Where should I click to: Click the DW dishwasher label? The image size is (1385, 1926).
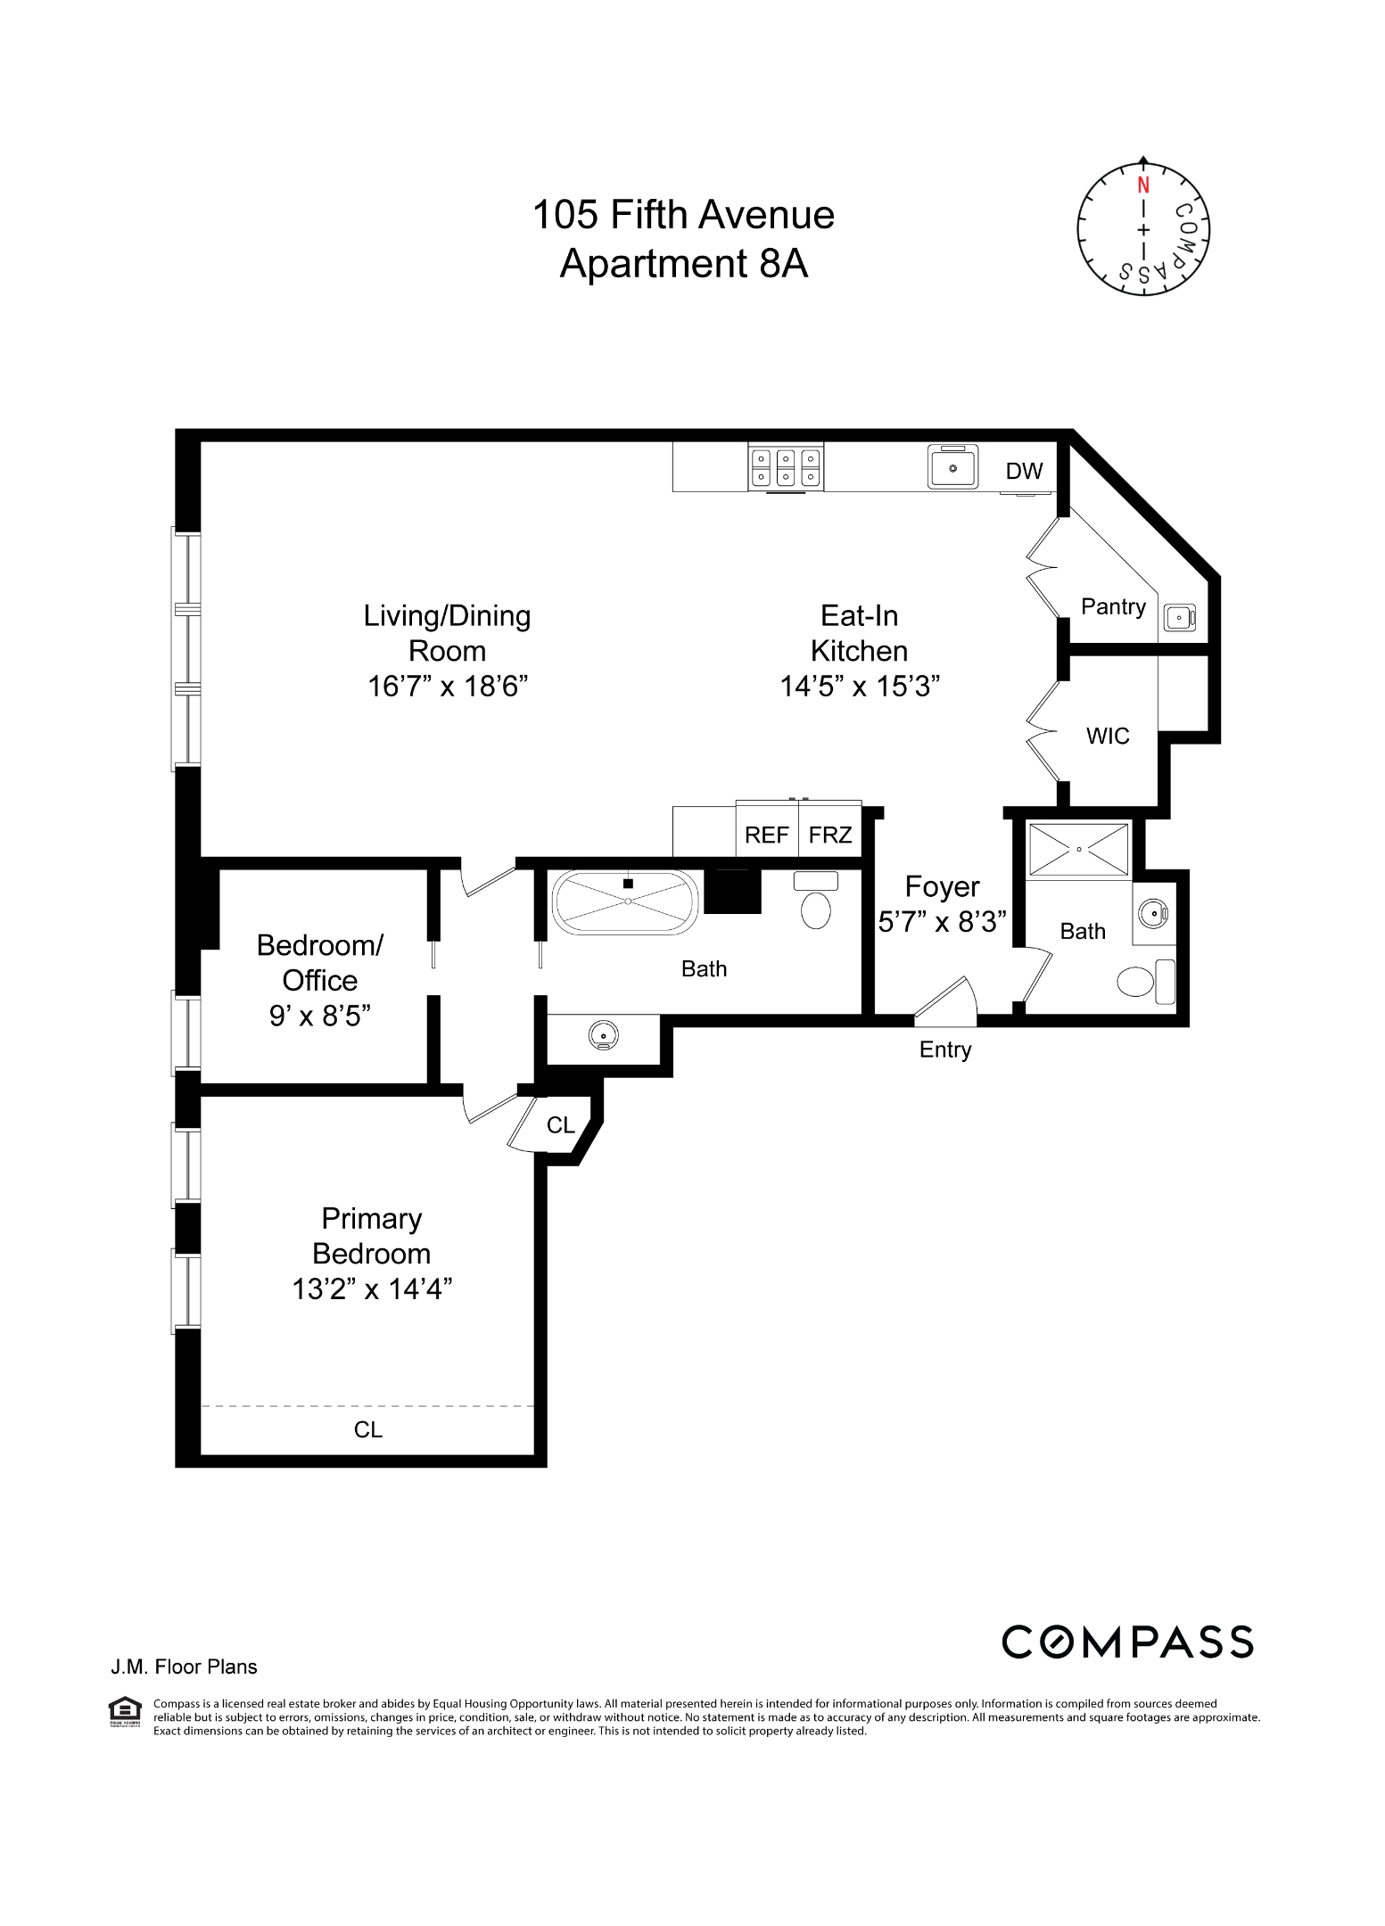coord(1024,471)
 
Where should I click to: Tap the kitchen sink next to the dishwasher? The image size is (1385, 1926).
coord(952,466)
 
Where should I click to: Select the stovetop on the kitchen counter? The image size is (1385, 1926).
coord(785,467)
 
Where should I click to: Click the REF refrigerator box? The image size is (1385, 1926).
coord(766,835)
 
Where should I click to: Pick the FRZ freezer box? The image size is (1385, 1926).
coord(830,835)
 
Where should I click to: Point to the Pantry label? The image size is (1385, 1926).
coord(1113,606)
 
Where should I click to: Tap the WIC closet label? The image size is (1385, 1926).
coord(1108,736)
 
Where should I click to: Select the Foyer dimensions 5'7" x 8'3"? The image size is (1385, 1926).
coord(943,921)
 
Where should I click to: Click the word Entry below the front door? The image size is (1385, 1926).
coord(944,1049)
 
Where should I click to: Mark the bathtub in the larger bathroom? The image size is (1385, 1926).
coord(627,902)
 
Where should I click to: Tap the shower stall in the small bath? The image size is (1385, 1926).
coord(1078,850)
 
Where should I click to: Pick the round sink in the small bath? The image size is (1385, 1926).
coord(1153,914)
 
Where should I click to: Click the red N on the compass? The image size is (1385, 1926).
coord(1142,185)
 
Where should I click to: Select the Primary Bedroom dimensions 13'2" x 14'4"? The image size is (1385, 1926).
coord(372,1288)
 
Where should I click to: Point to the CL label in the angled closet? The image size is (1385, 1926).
coord(560,1125)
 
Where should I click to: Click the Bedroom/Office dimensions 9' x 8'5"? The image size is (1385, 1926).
coord(319,1016)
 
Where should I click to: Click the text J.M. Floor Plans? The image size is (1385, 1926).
coord(184,1667)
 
